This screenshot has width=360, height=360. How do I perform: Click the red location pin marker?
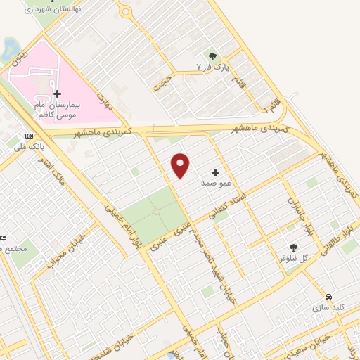tap(181, 165)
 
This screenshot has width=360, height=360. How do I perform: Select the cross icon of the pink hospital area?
tap(58, 94)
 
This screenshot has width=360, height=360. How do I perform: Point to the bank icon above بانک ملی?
tap(29, 136)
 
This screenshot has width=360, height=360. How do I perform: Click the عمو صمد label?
tap(216, 183)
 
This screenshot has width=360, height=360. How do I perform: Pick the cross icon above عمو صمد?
tap(215, 172)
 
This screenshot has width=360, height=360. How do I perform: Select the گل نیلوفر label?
tap(295, 259)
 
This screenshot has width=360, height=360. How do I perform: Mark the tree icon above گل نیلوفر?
tap(293, 247)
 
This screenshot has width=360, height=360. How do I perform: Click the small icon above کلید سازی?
tap(329, 297)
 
